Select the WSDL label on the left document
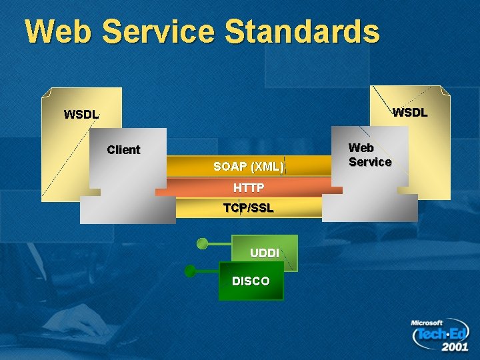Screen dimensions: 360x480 click(x=81, y=114)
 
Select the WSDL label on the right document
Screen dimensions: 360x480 click(x=409, y=112)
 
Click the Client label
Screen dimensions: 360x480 click(x=123, y=149)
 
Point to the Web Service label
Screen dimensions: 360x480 click(x=369, y=155)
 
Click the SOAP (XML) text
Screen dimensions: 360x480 click(x=248, y=166)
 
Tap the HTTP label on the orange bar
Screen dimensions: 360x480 click(x=248, y=187)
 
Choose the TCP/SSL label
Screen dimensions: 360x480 click(x=248, y=207)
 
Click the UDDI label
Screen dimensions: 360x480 click(x=264, y=253)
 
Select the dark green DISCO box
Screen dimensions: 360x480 click(x=251, y=281)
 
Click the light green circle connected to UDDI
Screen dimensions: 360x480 click(x=202, y=244)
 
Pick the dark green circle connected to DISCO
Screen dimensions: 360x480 click(x=190, y=271)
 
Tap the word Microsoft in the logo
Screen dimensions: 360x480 click(x=427, y=323)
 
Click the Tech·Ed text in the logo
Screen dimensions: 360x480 click(x=441, y=334)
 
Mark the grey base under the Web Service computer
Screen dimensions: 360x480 click(x=369, y=207)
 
